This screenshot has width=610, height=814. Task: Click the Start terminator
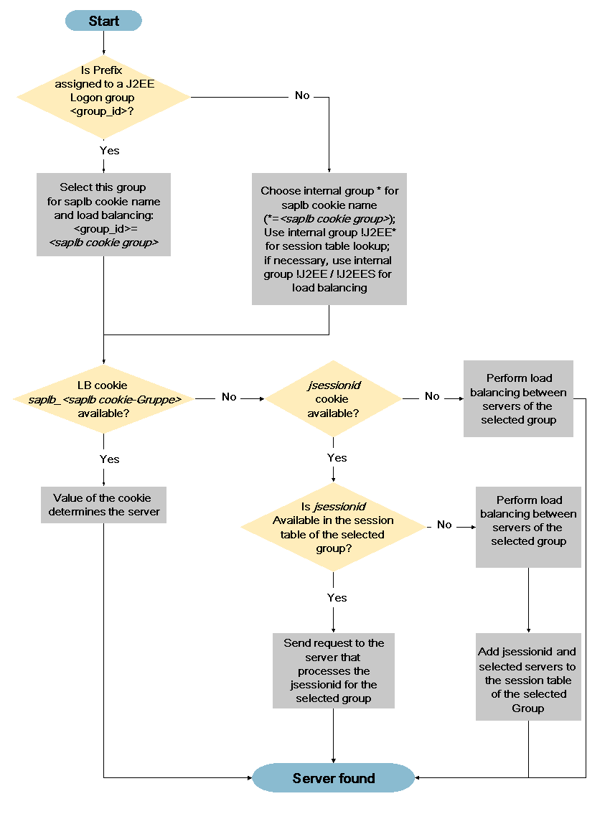click(103, 21)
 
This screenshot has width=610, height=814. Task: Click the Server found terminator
click(333, 778)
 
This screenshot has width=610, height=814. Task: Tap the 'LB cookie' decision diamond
click(103, 399)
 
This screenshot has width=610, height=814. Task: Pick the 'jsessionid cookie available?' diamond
click(334, 399)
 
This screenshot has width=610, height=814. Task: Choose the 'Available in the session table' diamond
click(333, 527)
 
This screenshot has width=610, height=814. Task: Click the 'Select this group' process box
click(103, 215)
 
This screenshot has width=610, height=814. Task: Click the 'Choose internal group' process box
click(329, 239)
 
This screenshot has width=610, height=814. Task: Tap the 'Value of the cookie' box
click(103, 505)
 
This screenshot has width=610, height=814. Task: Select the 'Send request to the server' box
click(333, 670)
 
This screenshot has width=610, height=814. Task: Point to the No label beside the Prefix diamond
click(302, 95)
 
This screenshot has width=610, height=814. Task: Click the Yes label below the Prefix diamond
click(109, 151)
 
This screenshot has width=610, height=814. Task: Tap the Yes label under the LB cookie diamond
click(109, 459)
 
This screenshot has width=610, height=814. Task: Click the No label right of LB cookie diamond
click(229, 397)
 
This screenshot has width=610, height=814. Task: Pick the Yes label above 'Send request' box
click(337, 597)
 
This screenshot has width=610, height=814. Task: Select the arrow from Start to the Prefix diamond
click(103, 42)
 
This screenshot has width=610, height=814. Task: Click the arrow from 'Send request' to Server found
click(333, 735)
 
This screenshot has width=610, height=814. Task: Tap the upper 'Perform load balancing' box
click(518, 398)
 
